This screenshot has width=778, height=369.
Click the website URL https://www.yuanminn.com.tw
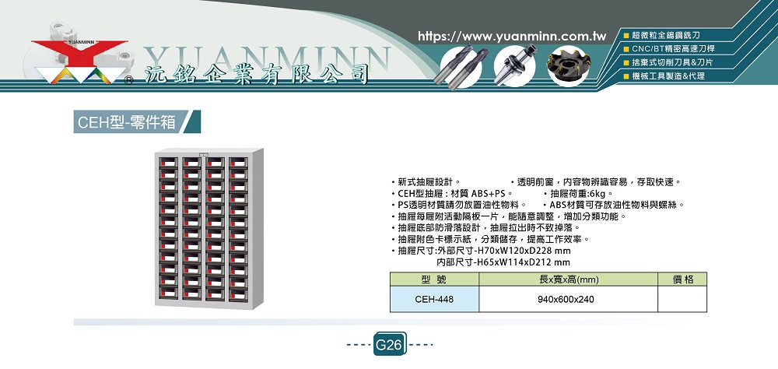tap(512, 37)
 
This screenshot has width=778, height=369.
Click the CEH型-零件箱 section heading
tap(127, 121)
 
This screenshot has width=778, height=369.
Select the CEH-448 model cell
tap(434, 300)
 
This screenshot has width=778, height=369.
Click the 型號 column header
tap(434, 279)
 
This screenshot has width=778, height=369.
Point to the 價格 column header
tap(682, 279)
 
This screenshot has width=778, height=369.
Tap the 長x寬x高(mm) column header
tap(569, 279)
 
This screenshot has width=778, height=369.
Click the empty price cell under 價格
tap(682, 300)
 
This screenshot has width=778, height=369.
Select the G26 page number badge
tap(390, 344)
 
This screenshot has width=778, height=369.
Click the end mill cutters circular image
tap(461, 66)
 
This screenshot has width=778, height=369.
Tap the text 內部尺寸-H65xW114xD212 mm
tap(503, 262)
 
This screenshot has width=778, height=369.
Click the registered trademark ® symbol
tap(128, 79)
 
